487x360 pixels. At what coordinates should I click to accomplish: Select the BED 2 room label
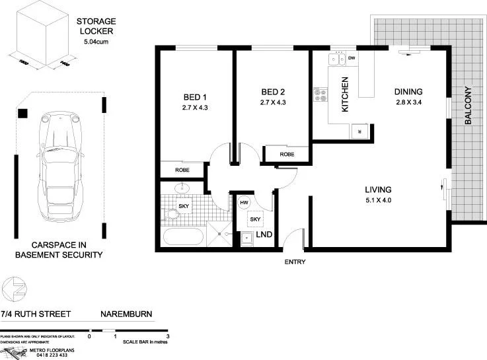(x=273, y=92)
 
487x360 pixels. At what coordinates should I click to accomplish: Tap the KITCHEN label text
(x=344, y=95)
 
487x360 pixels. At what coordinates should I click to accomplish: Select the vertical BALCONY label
(x=468, y=106)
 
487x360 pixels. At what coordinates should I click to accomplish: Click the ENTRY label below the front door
(x=295, y=262)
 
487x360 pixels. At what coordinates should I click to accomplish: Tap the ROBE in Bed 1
(x=183, y=170)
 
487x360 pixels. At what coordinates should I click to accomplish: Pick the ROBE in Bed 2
(x=286, y=154)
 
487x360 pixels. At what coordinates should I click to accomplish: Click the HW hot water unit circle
(x=244, y=203)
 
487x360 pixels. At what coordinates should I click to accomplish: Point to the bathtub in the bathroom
(x=183, y=236)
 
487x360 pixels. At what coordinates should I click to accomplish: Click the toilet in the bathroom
(x=171, y=213)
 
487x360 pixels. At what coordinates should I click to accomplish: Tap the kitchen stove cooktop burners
(x=321, y=96)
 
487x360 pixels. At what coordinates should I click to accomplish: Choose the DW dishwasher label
(x=351, y=59)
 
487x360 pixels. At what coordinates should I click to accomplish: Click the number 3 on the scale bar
(x=169, y=336)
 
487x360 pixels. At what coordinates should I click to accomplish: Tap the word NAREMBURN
(x=126, y=315)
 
